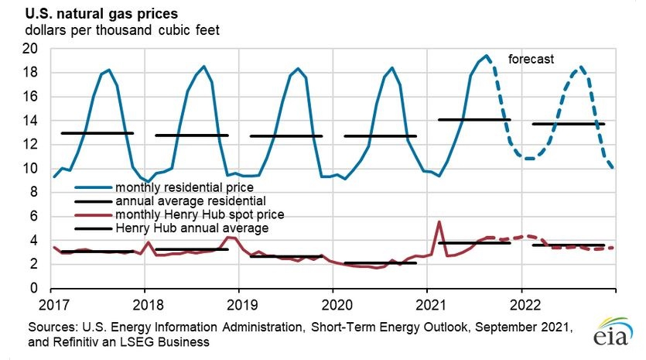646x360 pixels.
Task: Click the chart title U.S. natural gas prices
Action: [x=101, y=14]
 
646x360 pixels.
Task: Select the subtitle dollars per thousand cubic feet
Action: [x=122, y=30]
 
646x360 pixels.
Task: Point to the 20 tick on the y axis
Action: [x=29, y=49]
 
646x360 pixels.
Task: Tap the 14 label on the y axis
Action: [x=29, y=121]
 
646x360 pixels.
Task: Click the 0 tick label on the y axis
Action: [x=34, y=288]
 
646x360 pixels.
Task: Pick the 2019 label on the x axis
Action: [x=242, y=305]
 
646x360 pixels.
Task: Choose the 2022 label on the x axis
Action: [x=525, y=305]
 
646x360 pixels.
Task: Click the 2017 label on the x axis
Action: [x=54, y=305]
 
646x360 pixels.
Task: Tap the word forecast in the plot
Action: [x=531, y=59]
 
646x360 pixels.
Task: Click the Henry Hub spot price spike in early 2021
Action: [x=439, y=222]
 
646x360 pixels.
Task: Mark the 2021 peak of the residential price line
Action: [x=487, y=56]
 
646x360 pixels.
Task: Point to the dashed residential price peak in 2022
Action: [x=581, y=67]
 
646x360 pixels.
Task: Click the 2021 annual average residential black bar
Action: [x=474, y=119]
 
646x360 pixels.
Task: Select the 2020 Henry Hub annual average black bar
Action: [x=381, y=262]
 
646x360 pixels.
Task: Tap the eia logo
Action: [x=613, y=332]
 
